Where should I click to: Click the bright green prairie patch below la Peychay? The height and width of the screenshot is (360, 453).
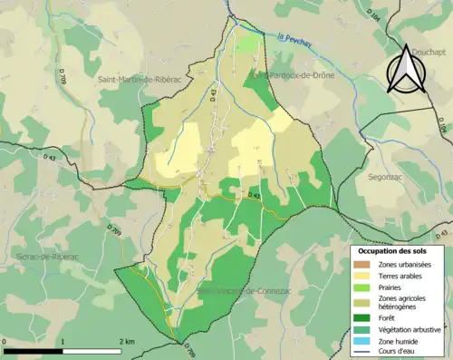point(246,44)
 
